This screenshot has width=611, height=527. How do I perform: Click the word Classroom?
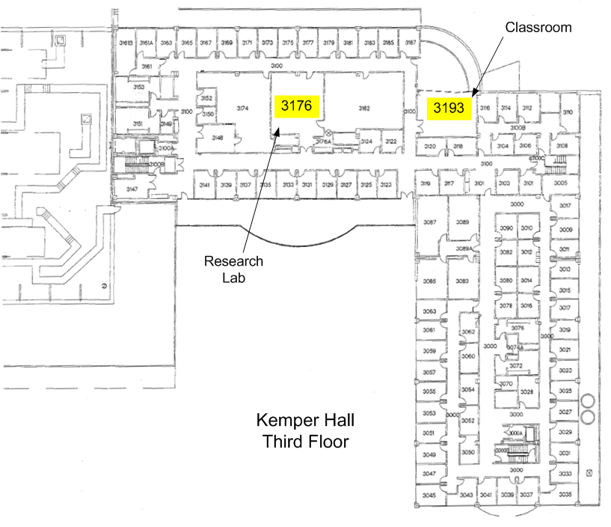538,28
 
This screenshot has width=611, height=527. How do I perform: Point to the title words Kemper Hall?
305,419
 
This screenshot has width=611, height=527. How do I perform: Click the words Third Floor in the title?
305,441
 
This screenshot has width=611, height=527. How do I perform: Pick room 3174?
242,109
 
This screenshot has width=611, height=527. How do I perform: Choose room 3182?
364,109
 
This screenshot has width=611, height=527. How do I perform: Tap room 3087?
430,222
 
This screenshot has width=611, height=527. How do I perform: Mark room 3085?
429,281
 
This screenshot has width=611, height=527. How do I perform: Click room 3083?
462,281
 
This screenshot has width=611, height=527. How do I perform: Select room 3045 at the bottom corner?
429,496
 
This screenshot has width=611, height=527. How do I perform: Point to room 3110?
568,112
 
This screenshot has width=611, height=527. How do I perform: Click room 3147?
132,189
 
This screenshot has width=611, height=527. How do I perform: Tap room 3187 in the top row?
410,43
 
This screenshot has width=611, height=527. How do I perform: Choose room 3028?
526,392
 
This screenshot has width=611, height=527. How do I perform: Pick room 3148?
218,138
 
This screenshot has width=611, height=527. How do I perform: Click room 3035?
565,495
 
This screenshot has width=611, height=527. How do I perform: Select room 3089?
463,222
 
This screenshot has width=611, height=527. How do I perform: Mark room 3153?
138,88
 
